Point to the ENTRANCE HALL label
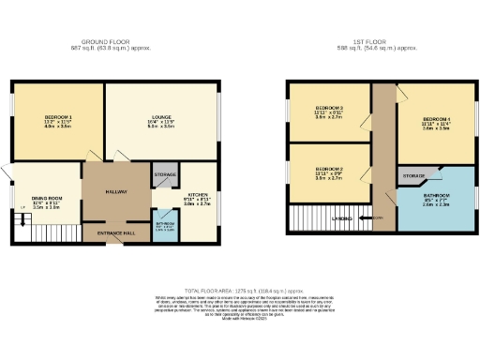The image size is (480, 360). pos(116,231)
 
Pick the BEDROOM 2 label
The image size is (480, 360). pos(329,172)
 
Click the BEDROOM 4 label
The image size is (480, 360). pos(436,120)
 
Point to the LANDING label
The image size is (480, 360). pos(342,218)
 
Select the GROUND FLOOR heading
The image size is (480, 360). pos(105,41)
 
